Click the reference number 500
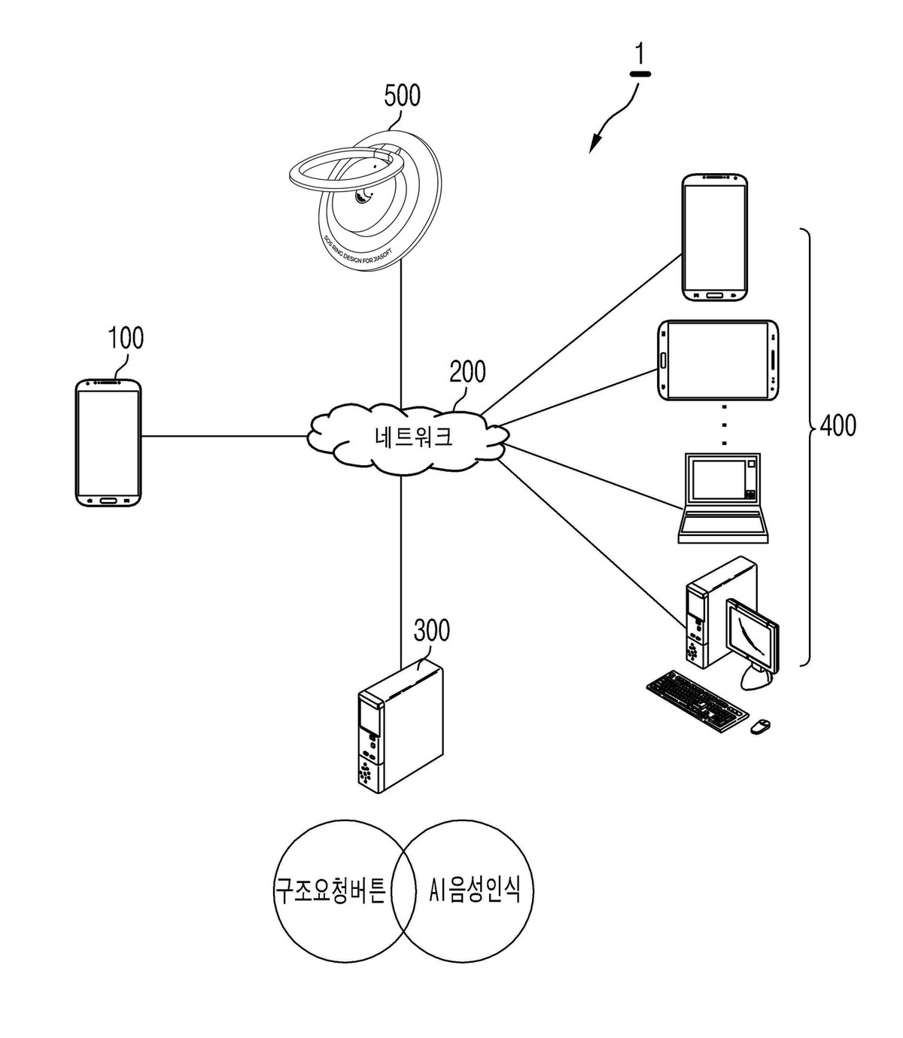coord(402,96)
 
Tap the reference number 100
coord(126,338)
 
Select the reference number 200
coord(467,371)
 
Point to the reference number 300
coord(431,630)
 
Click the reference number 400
coord(838,425)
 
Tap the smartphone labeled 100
coord(108,443)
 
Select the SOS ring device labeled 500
coord(365,199)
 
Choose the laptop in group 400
coord(722,498)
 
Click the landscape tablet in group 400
coord(718,361)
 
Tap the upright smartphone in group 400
coord(715,237)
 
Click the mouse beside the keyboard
coord(761,726)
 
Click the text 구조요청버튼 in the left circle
coord(330,890)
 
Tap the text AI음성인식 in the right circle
coord(475,889)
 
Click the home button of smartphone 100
coord(109,501)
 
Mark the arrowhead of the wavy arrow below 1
coord(594,145)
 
